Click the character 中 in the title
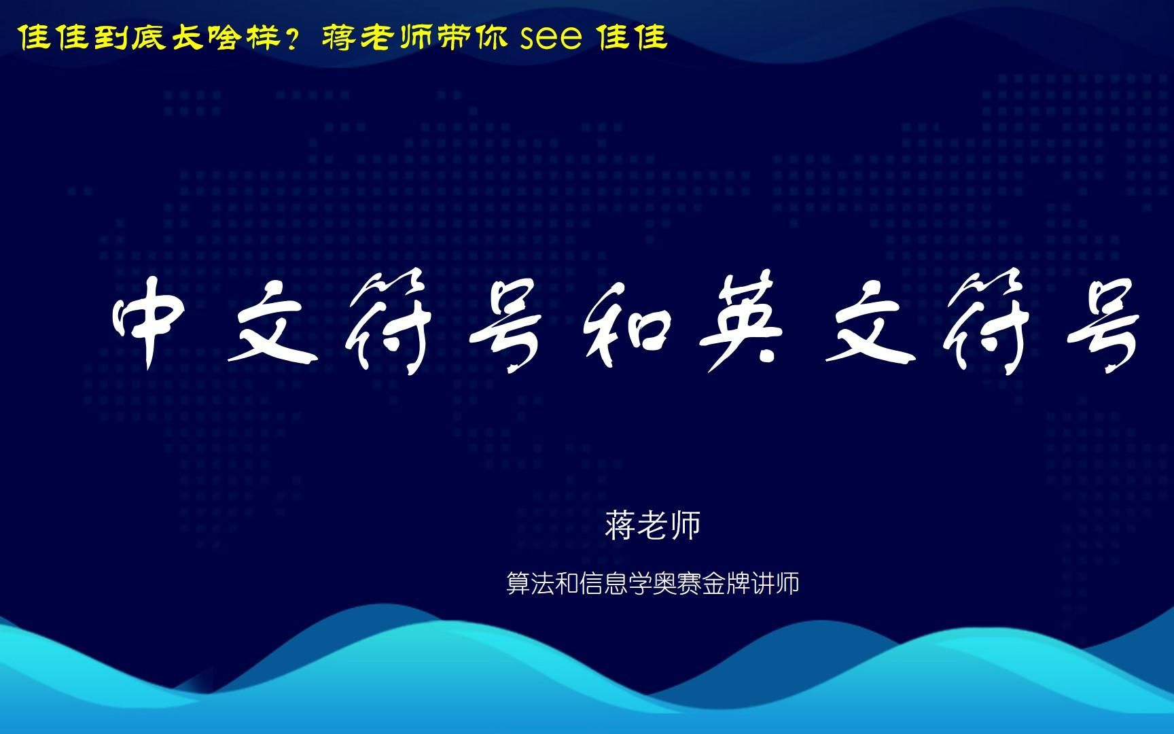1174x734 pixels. pyautogui.click(x=149, y=328)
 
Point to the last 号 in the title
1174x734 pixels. pyautogui.click(x=1101, y=326)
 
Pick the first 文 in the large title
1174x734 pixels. pyautogui.click(x=268, y=326)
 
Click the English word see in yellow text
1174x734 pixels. pyautogui.click(x=550, y=39)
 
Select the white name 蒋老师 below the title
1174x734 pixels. pyautogui.click(x=653, y=525)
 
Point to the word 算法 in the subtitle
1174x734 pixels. pyautogui.click(x=531, y=583)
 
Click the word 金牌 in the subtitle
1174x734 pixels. pyautogui.click(x=726, y=583)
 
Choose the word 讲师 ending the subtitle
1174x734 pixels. pyautogui.click(x=775, y=583)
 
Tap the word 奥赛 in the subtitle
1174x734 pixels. pyautogui.click(x=677, y=583)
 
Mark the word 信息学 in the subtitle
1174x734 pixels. pyautogui.click(x=616, y=583)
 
